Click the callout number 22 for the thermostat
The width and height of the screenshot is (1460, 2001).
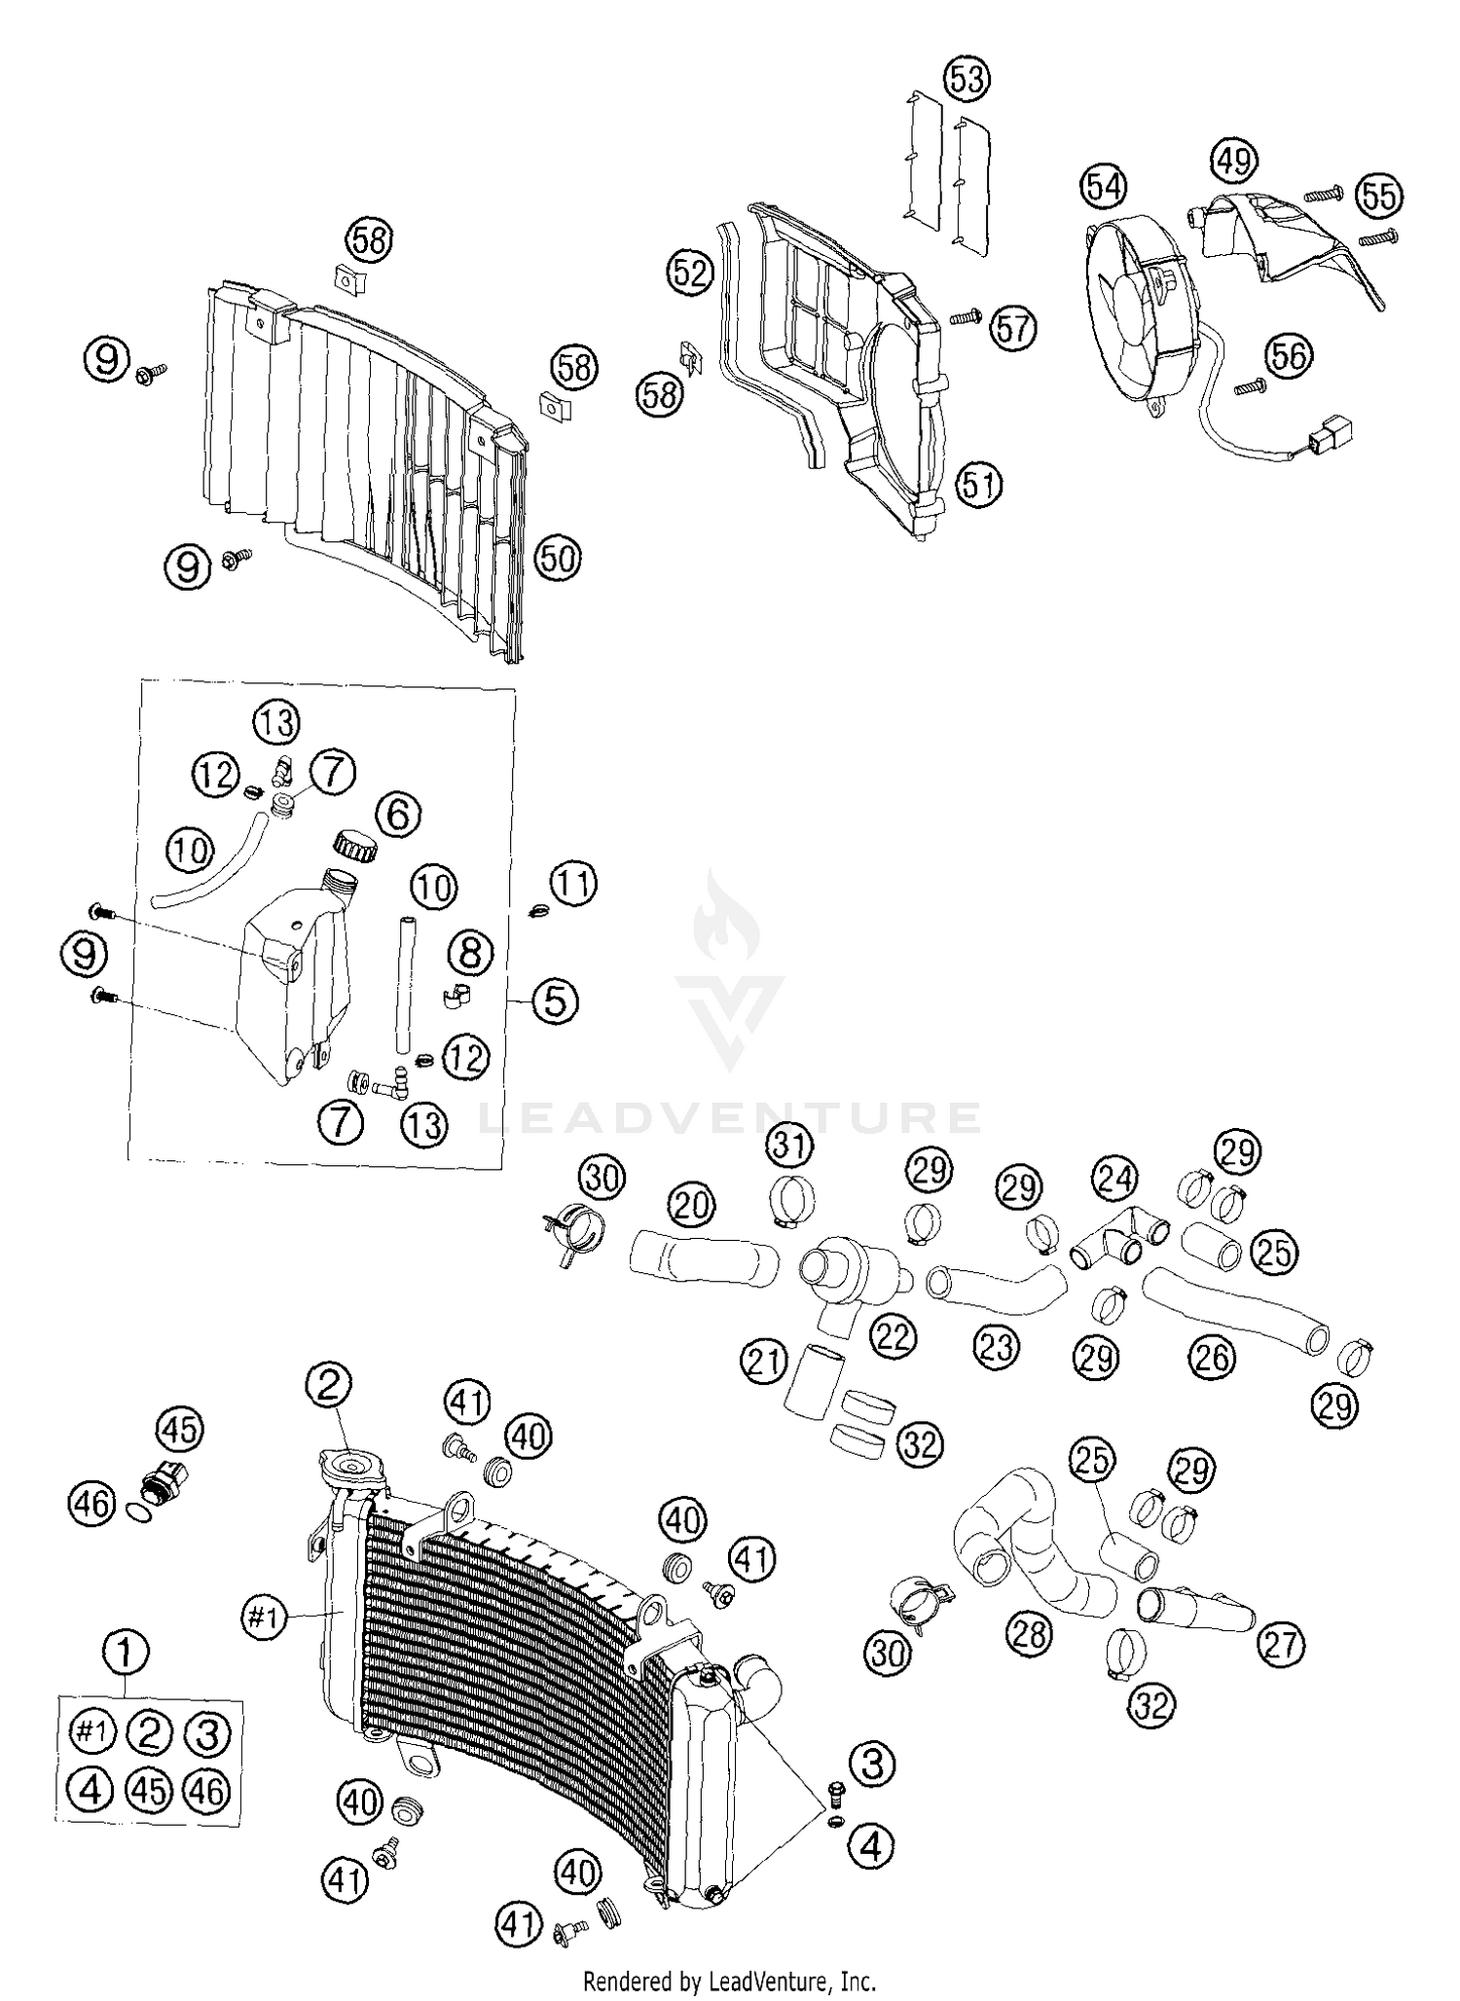point(893,1336)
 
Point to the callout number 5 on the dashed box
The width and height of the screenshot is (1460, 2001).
point(555,1000)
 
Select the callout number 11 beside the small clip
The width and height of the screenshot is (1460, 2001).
point(573,885)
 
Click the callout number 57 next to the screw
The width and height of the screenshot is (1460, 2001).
point(1013,328)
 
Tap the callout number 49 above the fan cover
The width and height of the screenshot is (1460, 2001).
point(1233,161)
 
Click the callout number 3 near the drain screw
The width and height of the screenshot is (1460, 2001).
point(872,1763)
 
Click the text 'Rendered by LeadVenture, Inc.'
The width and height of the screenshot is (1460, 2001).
point(729,1981)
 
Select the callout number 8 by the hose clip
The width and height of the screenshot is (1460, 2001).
point(470,953)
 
